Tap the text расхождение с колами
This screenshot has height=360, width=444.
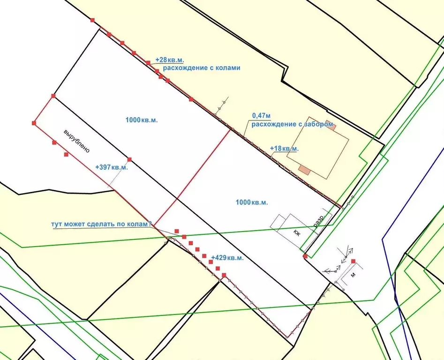[202, 68]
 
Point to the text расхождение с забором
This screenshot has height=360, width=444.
[292, 124]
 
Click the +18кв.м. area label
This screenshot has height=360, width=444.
[284, 149]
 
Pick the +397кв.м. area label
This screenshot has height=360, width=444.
[111, 167]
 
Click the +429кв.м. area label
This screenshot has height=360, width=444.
[227, 258]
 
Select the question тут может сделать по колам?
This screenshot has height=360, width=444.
[101, 224]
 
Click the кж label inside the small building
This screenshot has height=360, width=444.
[297, 233]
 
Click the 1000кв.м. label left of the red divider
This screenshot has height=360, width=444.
[142, 120]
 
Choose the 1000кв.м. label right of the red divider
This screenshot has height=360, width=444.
[252, 202]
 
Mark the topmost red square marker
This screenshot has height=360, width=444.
[92, 20]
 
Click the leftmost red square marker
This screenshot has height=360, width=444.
[34, 123]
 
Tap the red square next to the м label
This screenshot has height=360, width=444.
[353, 261]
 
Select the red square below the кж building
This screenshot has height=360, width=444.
[305, 256]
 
